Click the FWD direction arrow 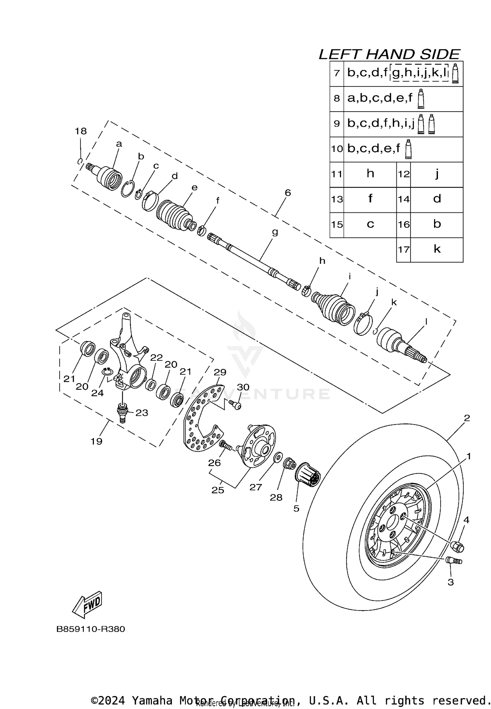click(87, 604)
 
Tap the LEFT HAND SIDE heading click(390, 54)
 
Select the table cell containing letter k click(437, 249)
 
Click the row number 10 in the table click(337, 149)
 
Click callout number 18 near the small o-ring click(81, 131)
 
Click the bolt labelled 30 click(235, 405)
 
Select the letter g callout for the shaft click(275, 232)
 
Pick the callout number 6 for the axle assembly click(287, 192)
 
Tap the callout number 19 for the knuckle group click(97, 441)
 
